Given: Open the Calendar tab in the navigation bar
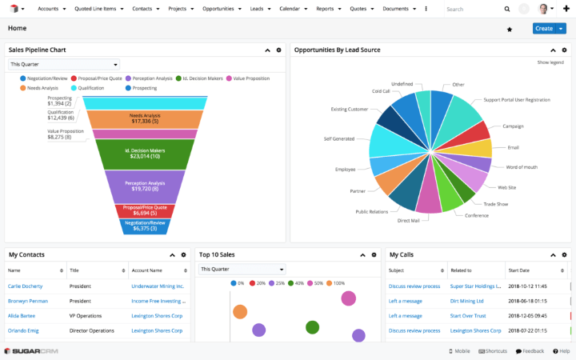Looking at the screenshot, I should point(290,8).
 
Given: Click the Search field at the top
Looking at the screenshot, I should point(472,9).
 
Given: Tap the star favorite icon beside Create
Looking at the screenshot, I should point(510,29).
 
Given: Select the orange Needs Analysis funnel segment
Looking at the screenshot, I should point(145,118).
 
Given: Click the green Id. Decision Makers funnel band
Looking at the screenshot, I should point(145,152).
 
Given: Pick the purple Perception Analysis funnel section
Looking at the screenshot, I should point(145,186).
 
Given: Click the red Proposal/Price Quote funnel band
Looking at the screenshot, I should point(145,211).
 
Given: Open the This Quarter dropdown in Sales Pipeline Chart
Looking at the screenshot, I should point(64,64).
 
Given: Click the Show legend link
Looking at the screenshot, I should point(550,62).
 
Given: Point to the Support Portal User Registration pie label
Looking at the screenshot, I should point(516,100).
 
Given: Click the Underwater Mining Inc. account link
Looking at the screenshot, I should point(158,286).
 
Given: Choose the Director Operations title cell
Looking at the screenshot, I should point(90,330).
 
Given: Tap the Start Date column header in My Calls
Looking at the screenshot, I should point(524,270).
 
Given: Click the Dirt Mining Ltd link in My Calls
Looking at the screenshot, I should point(466,301).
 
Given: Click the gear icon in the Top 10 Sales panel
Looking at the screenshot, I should point(373,254).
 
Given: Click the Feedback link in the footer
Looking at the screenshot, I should point(530,351).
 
